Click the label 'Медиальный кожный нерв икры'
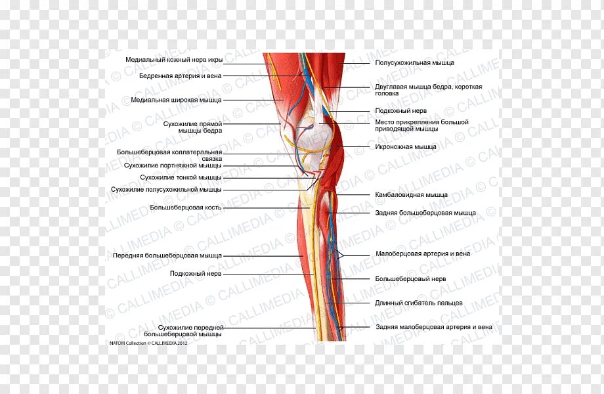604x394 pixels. click(174, 60)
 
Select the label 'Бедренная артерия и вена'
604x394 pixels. click(180, 76)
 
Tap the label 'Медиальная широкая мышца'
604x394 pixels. click(176, 100)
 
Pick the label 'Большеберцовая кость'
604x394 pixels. click(185, 208)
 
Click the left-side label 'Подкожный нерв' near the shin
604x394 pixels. click(196, 273)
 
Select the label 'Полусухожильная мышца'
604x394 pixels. click(414, 62)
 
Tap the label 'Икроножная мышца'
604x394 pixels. click(406, 146)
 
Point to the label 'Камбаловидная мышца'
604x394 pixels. click(411, 194)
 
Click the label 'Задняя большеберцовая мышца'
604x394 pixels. click(425, 213)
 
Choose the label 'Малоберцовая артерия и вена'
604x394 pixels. click(423, 253)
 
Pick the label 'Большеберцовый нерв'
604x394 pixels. click(410, 278)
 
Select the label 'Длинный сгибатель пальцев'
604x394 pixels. click(419, 303)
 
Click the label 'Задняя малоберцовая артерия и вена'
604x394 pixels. click(434, 326)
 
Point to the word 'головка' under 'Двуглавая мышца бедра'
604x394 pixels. click(387, 93)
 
